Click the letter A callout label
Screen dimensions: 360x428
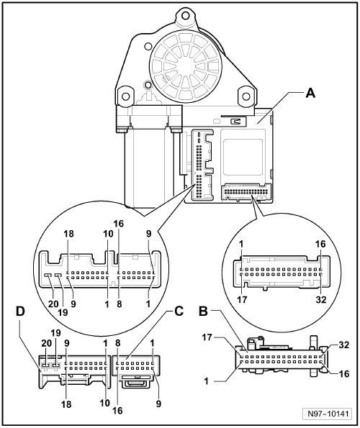click(310, 93)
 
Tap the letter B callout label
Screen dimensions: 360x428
click(204, 311)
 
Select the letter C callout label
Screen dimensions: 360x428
click(179, 311)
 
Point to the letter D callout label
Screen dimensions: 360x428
click(20, 311)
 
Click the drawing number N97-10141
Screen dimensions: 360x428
click(328, 414)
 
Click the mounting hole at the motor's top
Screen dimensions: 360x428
click(186, 16)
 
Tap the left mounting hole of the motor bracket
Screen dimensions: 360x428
click(125, 96)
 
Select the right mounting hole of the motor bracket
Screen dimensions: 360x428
click(246, 96)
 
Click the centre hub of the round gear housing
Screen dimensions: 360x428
click(186, 66)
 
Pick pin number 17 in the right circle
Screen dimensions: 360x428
click(242, 299)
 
